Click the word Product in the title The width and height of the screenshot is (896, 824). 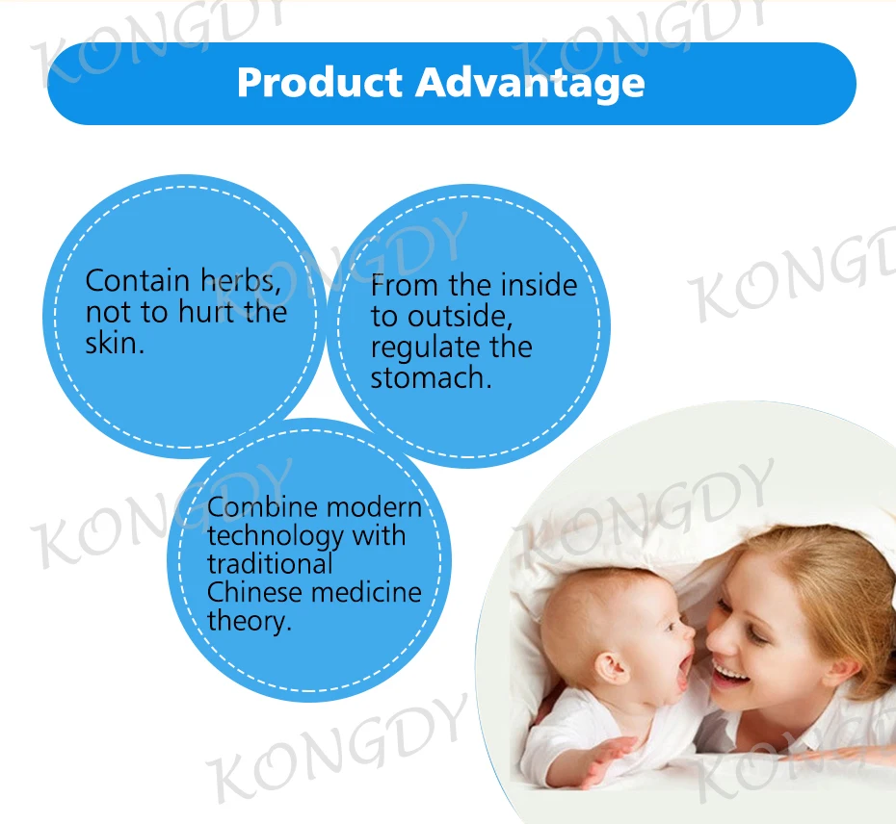pyautogui.click(x=320, y=83)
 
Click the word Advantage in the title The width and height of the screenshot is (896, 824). pyautogui.click(x=530, y=85)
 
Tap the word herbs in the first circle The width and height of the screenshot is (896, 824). pyautogui.click(x=240, y=281)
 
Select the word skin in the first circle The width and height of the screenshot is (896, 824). pyautogui.click(x=115, y=344)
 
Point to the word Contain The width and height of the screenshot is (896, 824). pyautogui.click(x=137, y=281)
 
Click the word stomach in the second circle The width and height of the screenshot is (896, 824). pyautogui.click(x=431, y=378)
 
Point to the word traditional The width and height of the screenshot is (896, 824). pyautogui.click(x=270, y=564)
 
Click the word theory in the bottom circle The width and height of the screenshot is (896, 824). pyautogui.click(x=250, y=621)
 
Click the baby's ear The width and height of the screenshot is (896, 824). pyautogui.click(x=613, y=667)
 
